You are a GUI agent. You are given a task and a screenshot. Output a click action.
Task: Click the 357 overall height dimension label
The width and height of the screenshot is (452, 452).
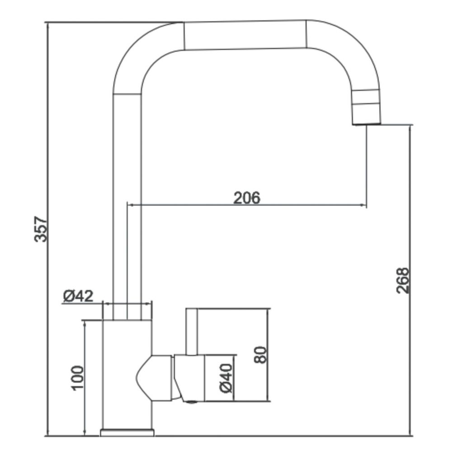pyautogui.click(x=41, y=229)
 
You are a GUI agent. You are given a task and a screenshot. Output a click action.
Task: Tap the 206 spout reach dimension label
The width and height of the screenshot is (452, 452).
pyautogui.click(x=246, y=198)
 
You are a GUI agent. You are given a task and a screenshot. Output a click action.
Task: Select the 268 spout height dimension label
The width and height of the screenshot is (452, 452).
pyautogui.click(x=403, y=281)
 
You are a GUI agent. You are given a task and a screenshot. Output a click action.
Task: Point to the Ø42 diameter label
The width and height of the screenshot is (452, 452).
pyautogui.click(x=78, y=296)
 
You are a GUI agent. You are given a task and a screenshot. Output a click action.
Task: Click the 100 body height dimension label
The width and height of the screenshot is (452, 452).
pyautogui.click(x=77, y=378)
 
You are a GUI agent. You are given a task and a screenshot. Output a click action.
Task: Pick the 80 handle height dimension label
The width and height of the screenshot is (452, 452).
pyautogui.click(x=260, y=354)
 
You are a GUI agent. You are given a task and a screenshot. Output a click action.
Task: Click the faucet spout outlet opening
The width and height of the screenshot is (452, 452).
pyautogui.click(x=367, y=124)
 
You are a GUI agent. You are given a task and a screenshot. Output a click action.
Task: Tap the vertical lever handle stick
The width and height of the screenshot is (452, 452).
pyautogui.click(x=192, y=331)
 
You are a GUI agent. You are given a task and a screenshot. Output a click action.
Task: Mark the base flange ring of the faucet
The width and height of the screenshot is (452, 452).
pyautogui.click(x=127, y=433)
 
